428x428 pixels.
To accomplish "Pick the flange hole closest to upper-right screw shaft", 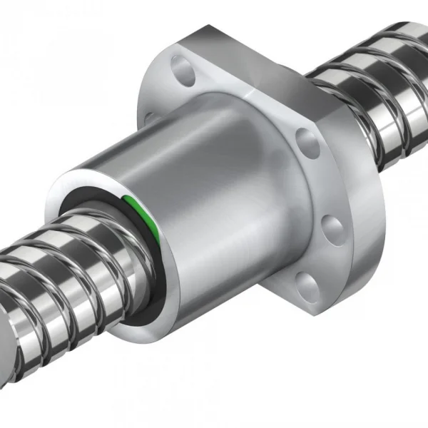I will point(307,141).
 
